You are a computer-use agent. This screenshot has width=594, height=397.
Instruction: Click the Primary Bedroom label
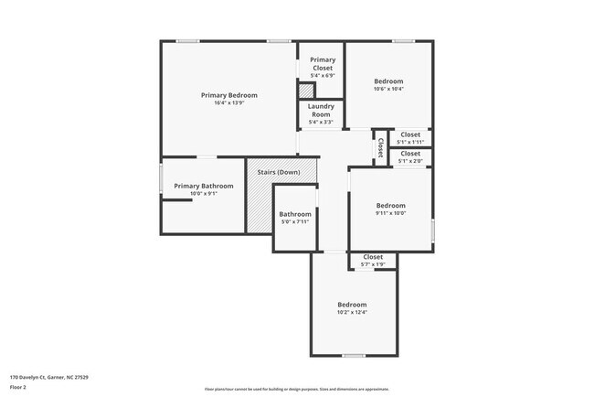pos(228,95)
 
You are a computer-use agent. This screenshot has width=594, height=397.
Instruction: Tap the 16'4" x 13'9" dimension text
pos(228,102)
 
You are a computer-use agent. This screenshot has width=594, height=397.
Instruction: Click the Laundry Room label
pos(321,110)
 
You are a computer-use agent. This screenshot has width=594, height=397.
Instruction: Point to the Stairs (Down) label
pos(279,172)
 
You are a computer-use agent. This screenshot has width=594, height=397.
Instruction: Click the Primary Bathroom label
pos(204,186)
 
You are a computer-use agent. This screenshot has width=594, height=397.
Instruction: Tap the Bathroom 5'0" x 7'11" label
pos(295,215)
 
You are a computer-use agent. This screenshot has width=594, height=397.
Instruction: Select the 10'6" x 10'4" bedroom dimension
pos(388,89)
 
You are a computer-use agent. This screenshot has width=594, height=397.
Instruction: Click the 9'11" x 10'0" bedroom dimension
pos(390,213)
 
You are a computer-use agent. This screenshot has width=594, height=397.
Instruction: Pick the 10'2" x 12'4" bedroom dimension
pos(352,313)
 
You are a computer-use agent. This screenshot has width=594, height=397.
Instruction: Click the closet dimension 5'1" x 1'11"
pos(410,142)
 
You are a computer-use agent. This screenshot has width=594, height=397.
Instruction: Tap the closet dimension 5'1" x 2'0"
pos(410,161)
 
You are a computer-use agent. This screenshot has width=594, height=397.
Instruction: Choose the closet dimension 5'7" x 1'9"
pos(373,264)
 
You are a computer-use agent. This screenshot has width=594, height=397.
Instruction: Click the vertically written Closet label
pos(380,147)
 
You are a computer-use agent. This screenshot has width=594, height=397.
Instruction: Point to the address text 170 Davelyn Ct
pos(49,377)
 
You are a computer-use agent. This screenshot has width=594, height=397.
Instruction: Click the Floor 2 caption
pos(19,387)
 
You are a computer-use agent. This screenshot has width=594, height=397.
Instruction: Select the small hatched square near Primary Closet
pos(306,91)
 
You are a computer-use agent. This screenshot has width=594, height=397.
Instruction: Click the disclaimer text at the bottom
pos(297,388)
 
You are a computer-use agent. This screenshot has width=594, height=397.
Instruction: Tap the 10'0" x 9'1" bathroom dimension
pos(204,193)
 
